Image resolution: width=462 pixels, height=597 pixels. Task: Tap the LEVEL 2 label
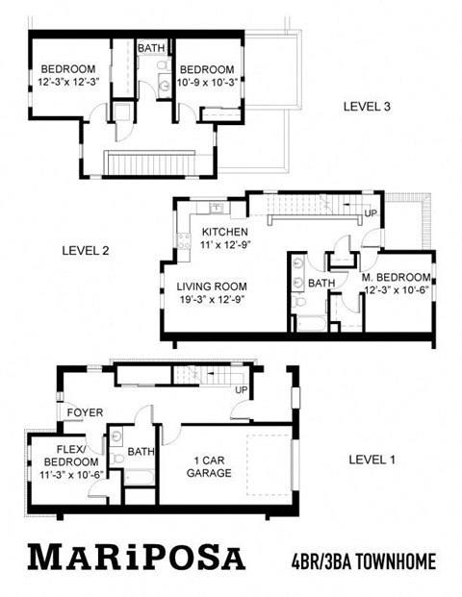point(86,250)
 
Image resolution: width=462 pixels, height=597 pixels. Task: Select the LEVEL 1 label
point(372,459)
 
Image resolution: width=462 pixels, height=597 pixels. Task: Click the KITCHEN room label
point(225,233)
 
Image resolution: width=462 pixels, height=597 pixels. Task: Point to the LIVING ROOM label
point(212,286)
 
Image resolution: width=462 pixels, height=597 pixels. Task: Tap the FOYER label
point(86,412)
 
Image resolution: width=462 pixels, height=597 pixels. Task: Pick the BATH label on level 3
point(151,48)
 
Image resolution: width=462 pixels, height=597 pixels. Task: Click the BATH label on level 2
point(321,283)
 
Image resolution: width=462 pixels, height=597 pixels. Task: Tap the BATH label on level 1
point(141,451)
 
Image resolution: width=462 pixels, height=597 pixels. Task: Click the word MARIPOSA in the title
point(136,558)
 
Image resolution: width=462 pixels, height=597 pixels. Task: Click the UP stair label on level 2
point(371,212)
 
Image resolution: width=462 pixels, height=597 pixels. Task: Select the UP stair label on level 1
point(241,389)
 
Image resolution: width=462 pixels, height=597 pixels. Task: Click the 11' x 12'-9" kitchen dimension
point(225,247)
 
